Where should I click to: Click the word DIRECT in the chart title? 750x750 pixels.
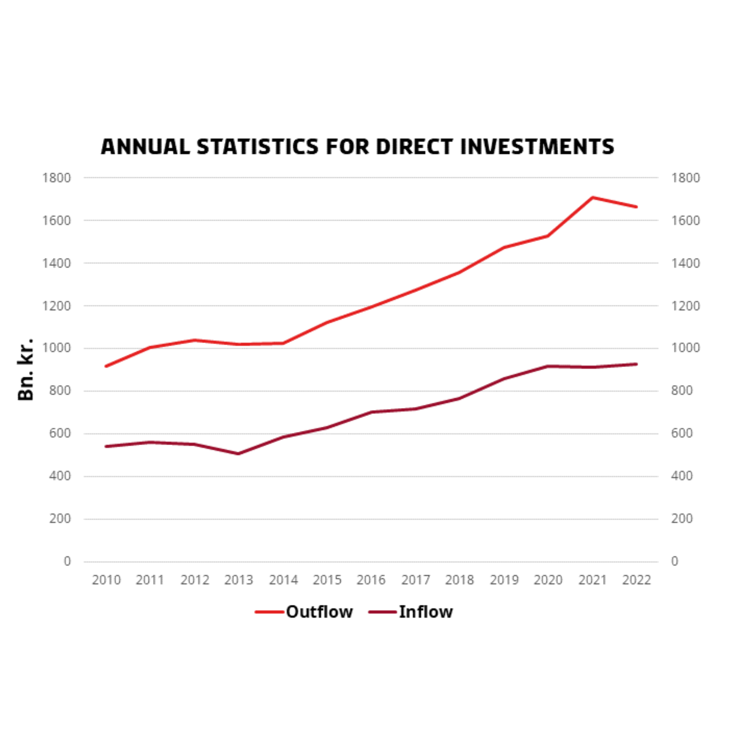[x=414, y=147]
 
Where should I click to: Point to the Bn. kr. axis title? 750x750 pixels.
[x=26, y=369]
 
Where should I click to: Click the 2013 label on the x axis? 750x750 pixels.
[x=238, y=580]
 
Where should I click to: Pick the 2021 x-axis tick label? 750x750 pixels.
[x=592, y=580]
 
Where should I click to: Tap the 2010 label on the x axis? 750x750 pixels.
[x=106, y=580]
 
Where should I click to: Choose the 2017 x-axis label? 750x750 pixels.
[x=415, y=580]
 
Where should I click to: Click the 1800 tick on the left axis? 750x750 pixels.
[x=57, y=178]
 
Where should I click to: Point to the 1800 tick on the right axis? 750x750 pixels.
[x=685, y=178]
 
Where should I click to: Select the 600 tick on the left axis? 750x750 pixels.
[x=60, y=433]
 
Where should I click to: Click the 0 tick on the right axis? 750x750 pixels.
[x=675, y=561]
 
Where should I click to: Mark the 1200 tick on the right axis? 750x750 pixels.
[x=685, y=306]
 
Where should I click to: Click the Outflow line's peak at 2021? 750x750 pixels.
[x=592, y=198]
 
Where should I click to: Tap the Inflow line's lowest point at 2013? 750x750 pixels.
[x=238, y=453]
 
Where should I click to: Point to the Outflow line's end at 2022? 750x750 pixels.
[x=636, y=207]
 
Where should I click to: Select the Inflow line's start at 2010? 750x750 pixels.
[x=106, y=446]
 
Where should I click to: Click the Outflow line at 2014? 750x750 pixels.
[x=283, y=343]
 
